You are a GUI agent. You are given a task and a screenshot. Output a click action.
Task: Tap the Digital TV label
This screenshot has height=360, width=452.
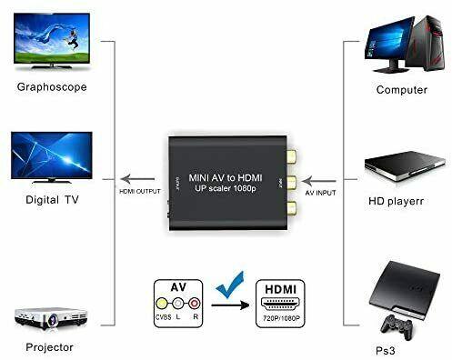pos(48,200)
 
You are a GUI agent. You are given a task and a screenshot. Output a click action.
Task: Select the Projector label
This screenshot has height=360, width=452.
pos(49,346)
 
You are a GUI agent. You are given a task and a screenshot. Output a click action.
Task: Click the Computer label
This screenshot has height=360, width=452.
pos(401,90)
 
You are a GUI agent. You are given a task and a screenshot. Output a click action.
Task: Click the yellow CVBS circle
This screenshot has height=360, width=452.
pos(164,304)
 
